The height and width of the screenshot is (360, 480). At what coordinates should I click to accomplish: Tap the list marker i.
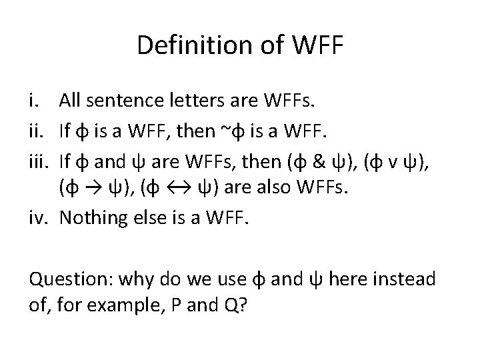tap(35, 101)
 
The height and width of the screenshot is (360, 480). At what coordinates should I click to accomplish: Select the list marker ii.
tap(37, 131)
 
